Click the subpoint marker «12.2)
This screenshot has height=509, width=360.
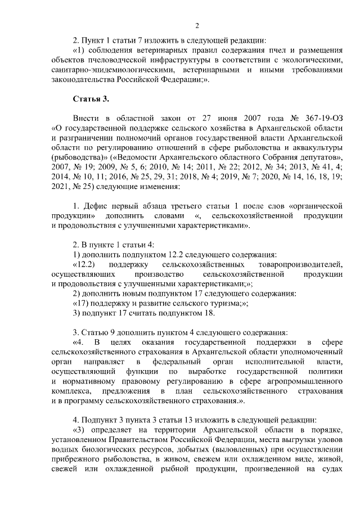(x=84, y=264)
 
